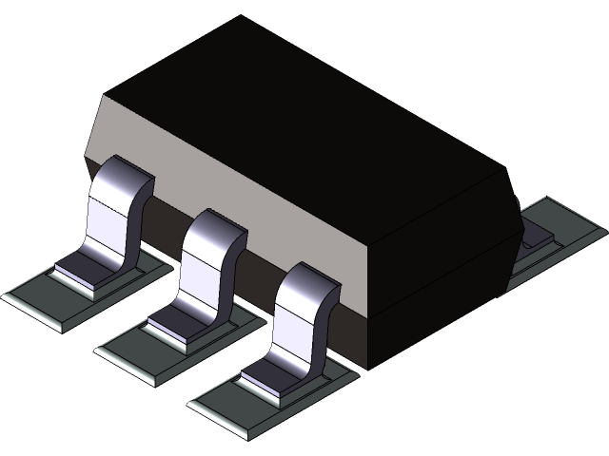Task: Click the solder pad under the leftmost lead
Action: coord(57,299)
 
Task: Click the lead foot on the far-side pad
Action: coord(538,233)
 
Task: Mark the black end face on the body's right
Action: coord(447,266)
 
